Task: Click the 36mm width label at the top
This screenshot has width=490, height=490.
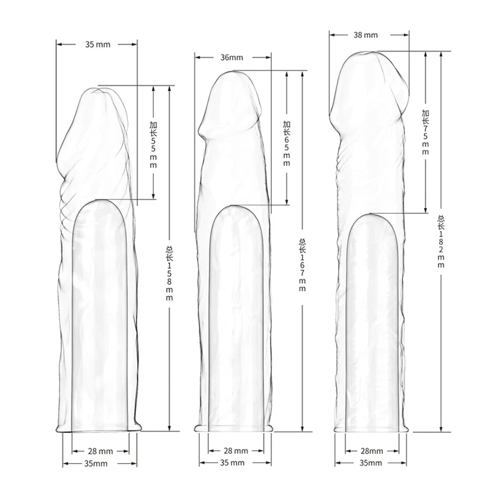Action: pos(231,58)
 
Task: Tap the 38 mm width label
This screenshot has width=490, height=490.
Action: pos(366,35)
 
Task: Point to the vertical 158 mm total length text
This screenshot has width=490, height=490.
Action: pos(170,273)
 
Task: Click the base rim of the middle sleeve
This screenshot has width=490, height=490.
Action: pos(235,427)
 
